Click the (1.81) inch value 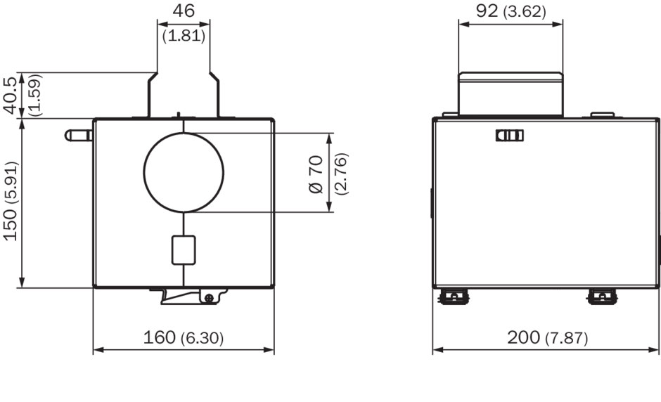tap(184, 36)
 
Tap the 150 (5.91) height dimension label tap(11, 202)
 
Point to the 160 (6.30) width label tap(184, 337)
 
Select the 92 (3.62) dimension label tap(511, 11)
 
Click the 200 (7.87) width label tap(547, 337)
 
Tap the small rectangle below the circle tap(183, 250)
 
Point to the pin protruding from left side tap(78, 134)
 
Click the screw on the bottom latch tap(209, 298)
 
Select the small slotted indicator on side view tap(510, 136)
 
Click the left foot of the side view tap(453, 297)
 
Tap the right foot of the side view tap(603, 297)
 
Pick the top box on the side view tap(511, 93)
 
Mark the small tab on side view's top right tap(602, 114)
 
